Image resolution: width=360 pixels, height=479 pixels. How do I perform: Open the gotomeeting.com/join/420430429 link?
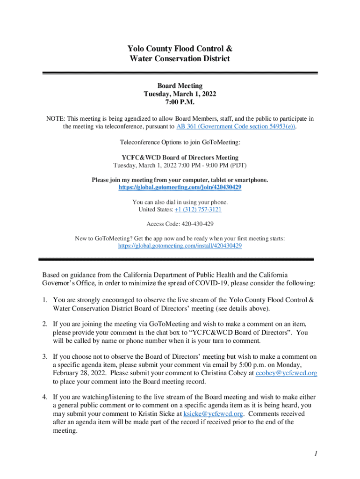click(x=180, y=187)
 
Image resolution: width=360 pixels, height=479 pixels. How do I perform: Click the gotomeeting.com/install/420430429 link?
click(x=180, y=246)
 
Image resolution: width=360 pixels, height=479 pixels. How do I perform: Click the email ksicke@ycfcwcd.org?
click(x=213, y=414)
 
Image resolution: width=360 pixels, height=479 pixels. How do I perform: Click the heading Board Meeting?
click(x=180, y=86)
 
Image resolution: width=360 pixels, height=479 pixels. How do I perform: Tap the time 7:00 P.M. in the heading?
click(x=180, y=102)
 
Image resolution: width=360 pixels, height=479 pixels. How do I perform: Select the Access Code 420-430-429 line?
click(x=180, y=224)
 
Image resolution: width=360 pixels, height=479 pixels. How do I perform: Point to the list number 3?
click(x=45, y=356)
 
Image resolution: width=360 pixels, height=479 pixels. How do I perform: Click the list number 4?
click(x=45, y=397)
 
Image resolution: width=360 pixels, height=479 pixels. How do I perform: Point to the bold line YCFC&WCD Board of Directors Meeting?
click(x=180, y=158)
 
